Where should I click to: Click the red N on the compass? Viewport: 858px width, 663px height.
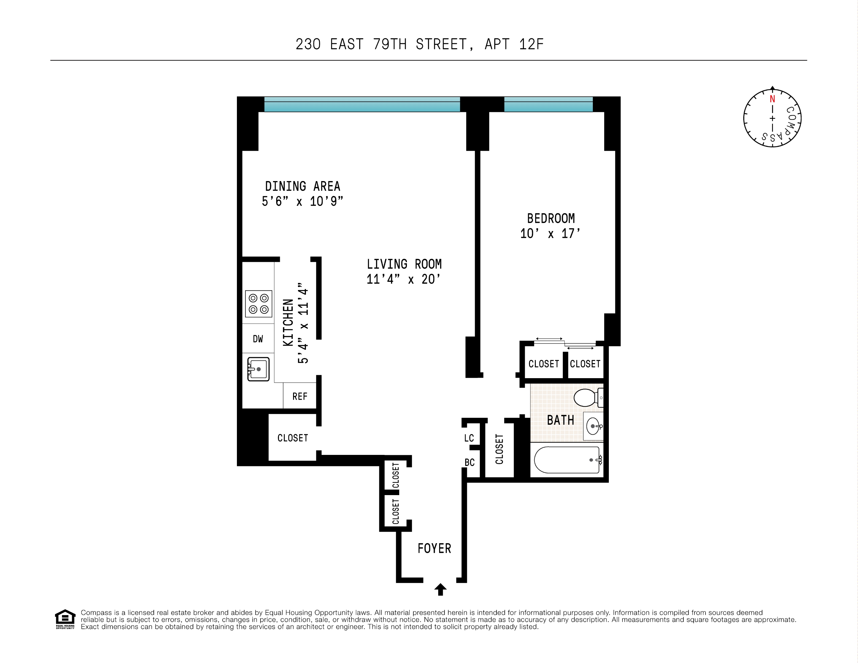pos(772,99)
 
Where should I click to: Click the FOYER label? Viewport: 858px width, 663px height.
pos(434,548)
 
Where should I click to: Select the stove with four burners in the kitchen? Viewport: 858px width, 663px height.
pos(258,304)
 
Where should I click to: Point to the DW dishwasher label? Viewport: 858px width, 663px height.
pos(258,339)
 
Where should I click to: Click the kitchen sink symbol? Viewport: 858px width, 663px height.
pos(258,369)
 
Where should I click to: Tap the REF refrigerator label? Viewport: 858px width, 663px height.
pos(300,397)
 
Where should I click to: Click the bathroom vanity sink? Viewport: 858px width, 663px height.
pos(593,426)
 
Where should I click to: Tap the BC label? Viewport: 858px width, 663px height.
pos(470,463)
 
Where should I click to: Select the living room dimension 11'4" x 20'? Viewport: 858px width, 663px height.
pos(404,279)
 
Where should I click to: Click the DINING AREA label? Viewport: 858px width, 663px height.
pos(303,186)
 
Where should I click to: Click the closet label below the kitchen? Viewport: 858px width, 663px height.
pos(293,438)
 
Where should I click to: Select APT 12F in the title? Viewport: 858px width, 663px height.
pos(514,45)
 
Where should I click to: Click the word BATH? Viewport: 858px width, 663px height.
pos(560,420)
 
